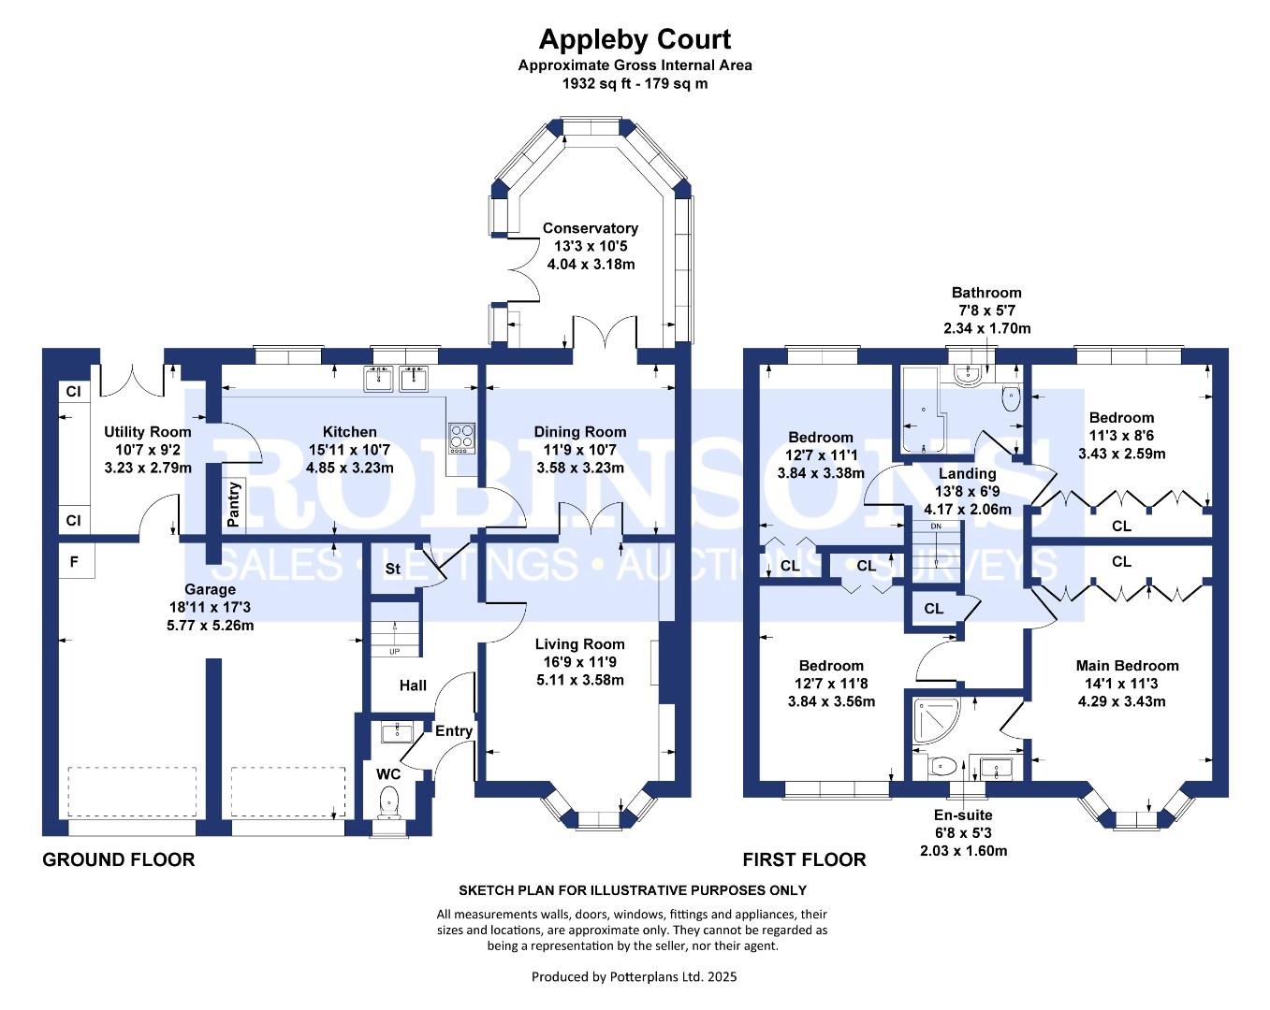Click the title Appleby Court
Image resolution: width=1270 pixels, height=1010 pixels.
[635, 39]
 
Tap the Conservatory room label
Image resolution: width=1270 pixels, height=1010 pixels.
[590, 228]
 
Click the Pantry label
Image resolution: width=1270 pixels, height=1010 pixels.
[233, 504]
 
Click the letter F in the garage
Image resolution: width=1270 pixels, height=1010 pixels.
[74, 562]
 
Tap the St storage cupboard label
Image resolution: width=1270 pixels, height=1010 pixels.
[393, 569]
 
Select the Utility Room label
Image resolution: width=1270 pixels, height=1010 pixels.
[147, 432]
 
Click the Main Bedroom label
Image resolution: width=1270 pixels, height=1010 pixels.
[1127, 666]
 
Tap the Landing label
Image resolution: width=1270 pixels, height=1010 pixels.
[967, 474]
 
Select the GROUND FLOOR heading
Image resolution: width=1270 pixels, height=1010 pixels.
[119, 859]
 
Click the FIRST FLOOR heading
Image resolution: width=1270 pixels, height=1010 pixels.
[804, 859]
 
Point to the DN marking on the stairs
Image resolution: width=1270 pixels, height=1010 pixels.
[935, 527]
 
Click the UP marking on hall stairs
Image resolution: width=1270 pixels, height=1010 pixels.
[394, 651]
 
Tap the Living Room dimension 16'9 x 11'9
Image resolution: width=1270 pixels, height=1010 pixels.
[579, 662]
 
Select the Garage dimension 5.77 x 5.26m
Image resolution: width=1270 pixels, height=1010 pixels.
[210, 625]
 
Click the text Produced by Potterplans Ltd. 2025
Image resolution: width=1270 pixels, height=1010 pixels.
[634, 977]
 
